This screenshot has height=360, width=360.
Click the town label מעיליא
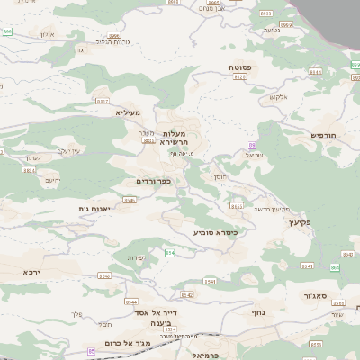click(x=129, y=112)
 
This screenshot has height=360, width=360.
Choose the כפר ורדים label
click(x=152, y=181)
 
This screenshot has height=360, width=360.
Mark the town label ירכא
click(x=32, y=271)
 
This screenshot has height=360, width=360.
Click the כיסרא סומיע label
click(x=215, y=231)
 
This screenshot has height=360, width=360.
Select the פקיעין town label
click(x=301, y=221)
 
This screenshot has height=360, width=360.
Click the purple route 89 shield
click(x=253, y=144)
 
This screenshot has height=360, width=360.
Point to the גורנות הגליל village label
click(x=112, y=43)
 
